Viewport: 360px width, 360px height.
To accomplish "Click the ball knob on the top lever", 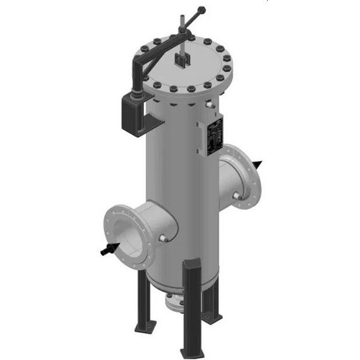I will point(201,9).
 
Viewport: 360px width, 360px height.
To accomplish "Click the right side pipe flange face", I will point(248,179).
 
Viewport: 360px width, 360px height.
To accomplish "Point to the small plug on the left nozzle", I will point(164,238).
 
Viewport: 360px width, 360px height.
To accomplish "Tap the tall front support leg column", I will point(190,303).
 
